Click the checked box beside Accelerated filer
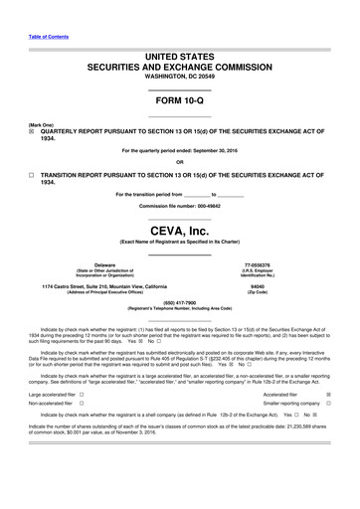pos(328,395)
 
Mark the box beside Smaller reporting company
pos(328,406)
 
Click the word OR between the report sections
pos(179,162)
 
